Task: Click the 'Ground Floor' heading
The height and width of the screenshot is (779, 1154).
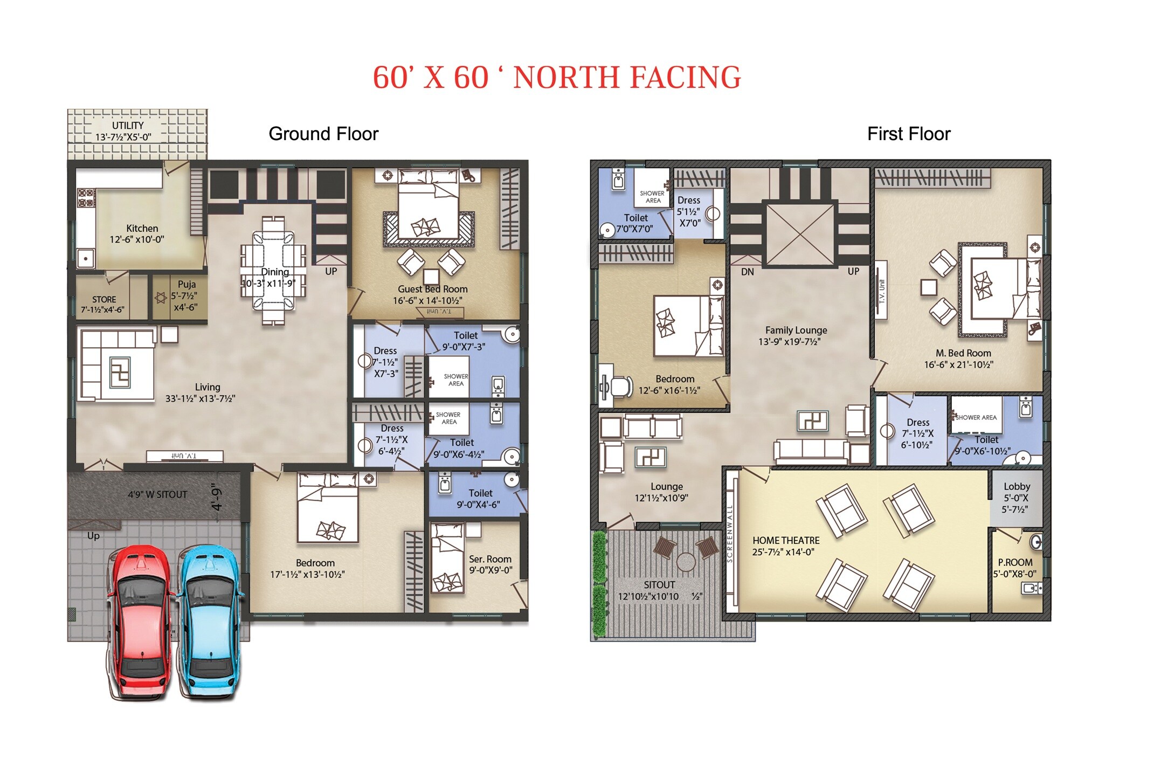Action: point(323,134)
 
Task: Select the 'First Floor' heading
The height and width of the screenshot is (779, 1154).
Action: point(909,134)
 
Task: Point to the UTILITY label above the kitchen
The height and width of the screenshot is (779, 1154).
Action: point(128,125)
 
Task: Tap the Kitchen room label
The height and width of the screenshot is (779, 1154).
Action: point(142,228)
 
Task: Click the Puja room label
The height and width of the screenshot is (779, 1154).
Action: point(186,284)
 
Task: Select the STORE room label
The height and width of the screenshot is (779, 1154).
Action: point(104,299)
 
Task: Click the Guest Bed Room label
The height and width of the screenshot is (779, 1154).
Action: point(432,289)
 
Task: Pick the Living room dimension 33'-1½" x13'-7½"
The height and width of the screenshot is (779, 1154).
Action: point(200,398)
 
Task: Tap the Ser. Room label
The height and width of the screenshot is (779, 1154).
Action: point(490,559)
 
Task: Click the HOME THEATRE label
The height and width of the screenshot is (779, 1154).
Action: point(786,540)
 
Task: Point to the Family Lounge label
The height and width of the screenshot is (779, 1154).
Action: point(796,330)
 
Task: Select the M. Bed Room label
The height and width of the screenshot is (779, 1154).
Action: point(963,353)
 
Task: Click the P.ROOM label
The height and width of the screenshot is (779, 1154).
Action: point(1015,562)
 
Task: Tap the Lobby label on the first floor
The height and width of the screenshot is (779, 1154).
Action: point(1017,486)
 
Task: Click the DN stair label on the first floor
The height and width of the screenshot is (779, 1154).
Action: point(747,272)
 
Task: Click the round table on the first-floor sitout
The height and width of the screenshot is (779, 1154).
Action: point(686,562)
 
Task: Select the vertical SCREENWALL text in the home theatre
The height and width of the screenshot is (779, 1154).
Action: point(730,534)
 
